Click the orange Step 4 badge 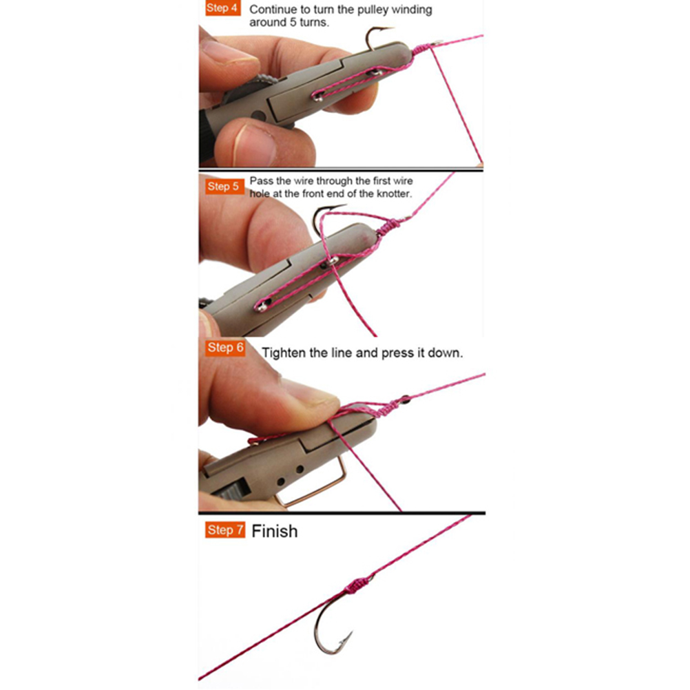click(x=222, y=8)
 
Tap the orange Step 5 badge click(x=224, y=187)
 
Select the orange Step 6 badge click(x=225, y=348)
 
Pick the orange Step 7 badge click(x=225, y=530)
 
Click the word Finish click(x=275, y=531)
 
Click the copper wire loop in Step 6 click(x=313, y=484)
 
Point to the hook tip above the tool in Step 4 click(x=390, y=29)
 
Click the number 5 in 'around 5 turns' click(x=293, y=22)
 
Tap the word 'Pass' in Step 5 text click(x=262, y=181)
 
